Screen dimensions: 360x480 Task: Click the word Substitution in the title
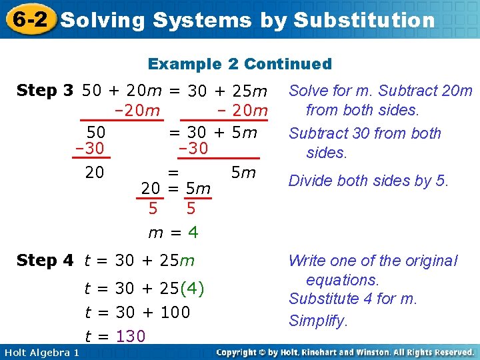tap(364, 20)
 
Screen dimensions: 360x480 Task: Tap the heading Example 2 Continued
tap(239, 64)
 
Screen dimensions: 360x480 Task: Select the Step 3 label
tap(45, 91)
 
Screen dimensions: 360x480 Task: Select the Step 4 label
tap(45, 261)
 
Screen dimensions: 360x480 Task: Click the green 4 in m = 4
tap(193, 233)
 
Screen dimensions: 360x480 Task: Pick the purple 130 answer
tap(131, 337)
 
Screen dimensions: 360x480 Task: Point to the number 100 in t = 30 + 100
tap(175, 313)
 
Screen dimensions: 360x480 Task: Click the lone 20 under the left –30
tap(95, 173)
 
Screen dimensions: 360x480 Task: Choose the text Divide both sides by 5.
tap(369, 181)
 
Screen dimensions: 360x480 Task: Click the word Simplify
tap(318, 321)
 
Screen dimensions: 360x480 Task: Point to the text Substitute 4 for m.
tap(353, 299)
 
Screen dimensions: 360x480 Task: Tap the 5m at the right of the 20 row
tap(243, 173)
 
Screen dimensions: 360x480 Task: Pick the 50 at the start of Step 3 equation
tap(91, 91)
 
